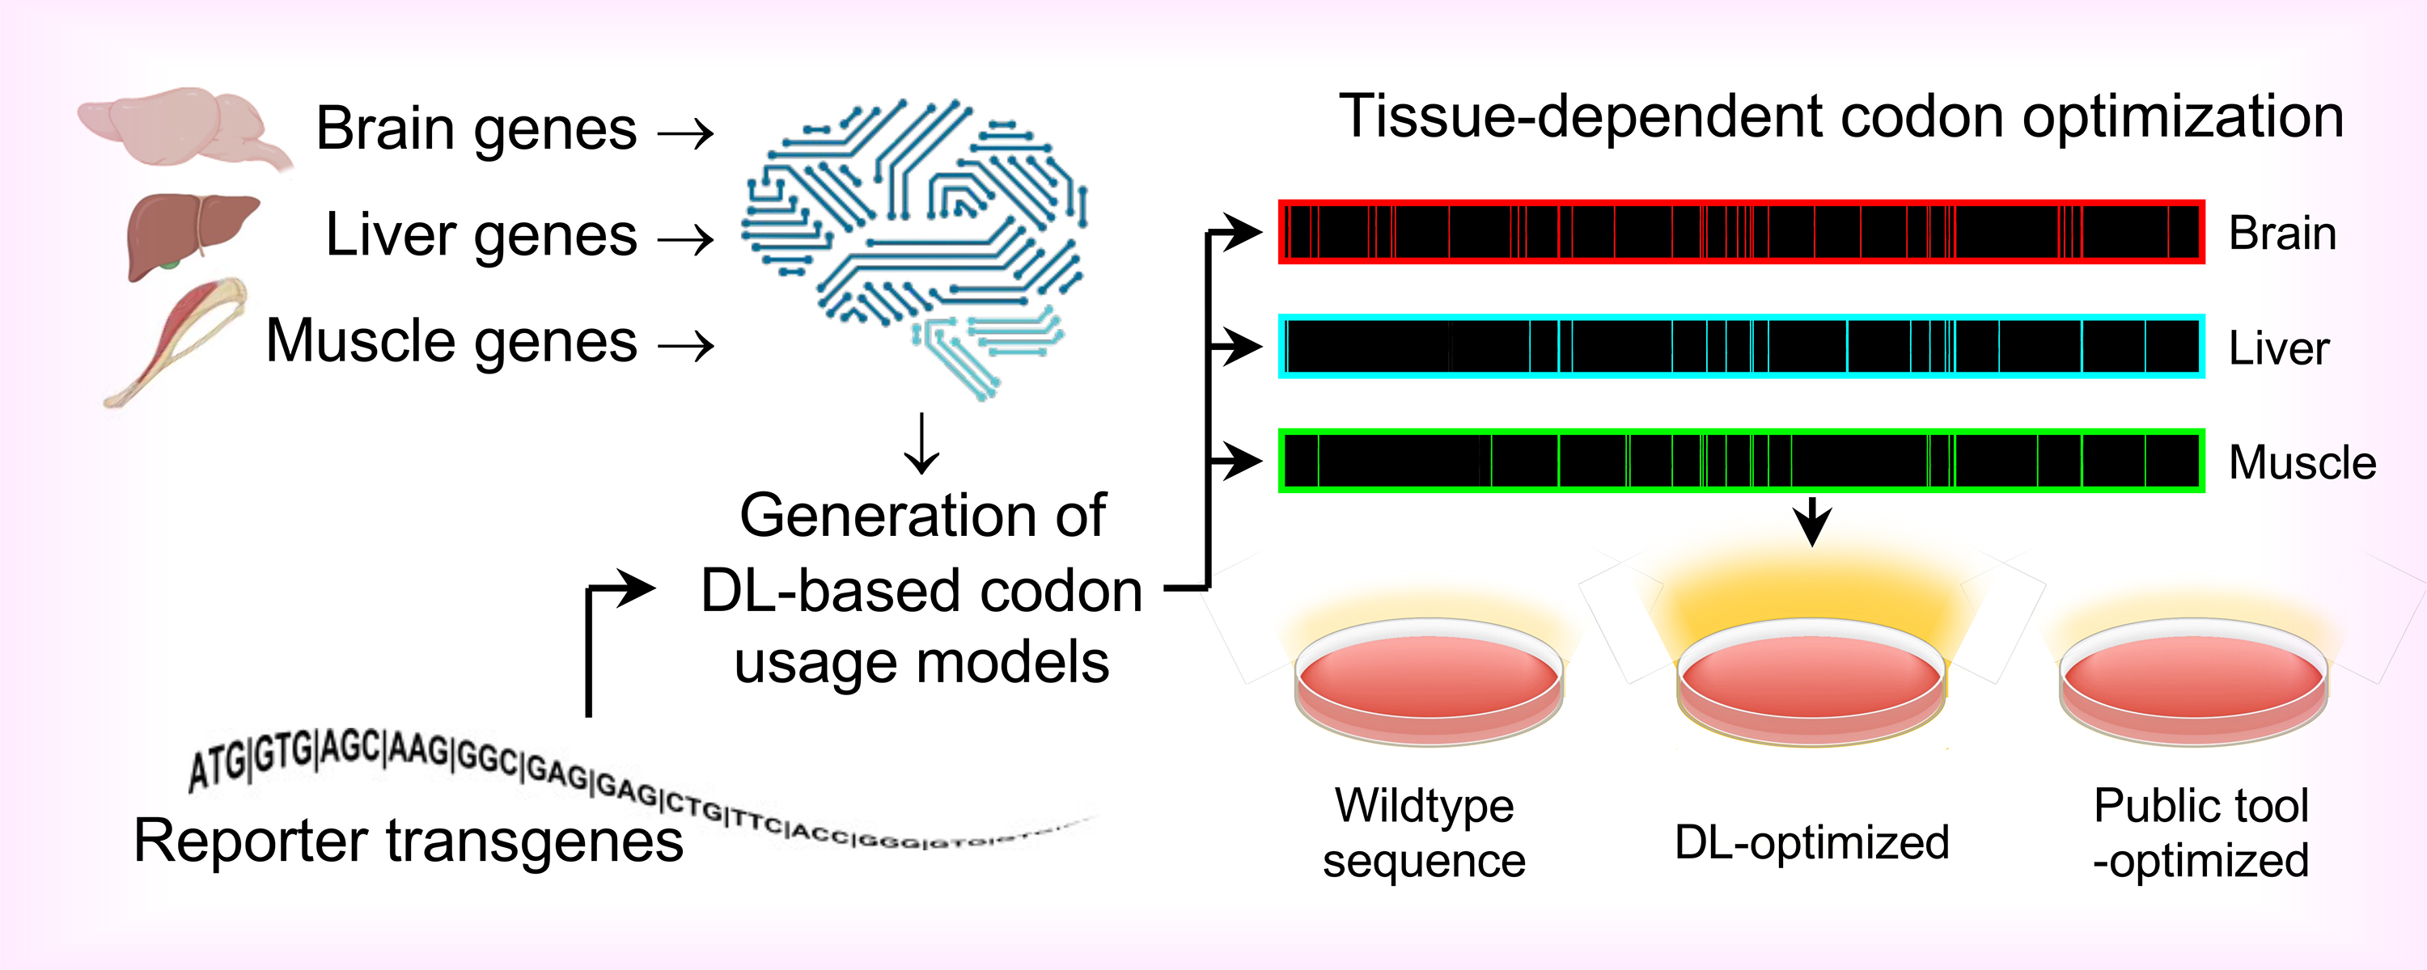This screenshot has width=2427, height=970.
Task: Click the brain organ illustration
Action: pyautogui.click(x=179, y=127)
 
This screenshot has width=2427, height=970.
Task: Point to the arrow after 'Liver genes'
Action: pyautogui.click(x=686, y=241)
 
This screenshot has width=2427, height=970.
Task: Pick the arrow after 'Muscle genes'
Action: pyautogui.click(x=686, y=347)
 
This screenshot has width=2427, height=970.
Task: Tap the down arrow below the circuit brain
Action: pyautogui.click(x=921, y=443)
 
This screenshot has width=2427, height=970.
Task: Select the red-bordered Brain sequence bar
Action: pyautogui.click(x=1741, y=232)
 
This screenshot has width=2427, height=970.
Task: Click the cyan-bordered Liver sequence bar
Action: pyautogui.click(x=1741, y=347)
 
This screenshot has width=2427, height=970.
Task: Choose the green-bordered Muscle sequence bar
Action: pyautogui.click(x=1741, y=462)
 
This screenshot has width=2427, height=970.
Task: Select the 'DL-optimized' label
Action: pyautogui.click(x=1811, y=842)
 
